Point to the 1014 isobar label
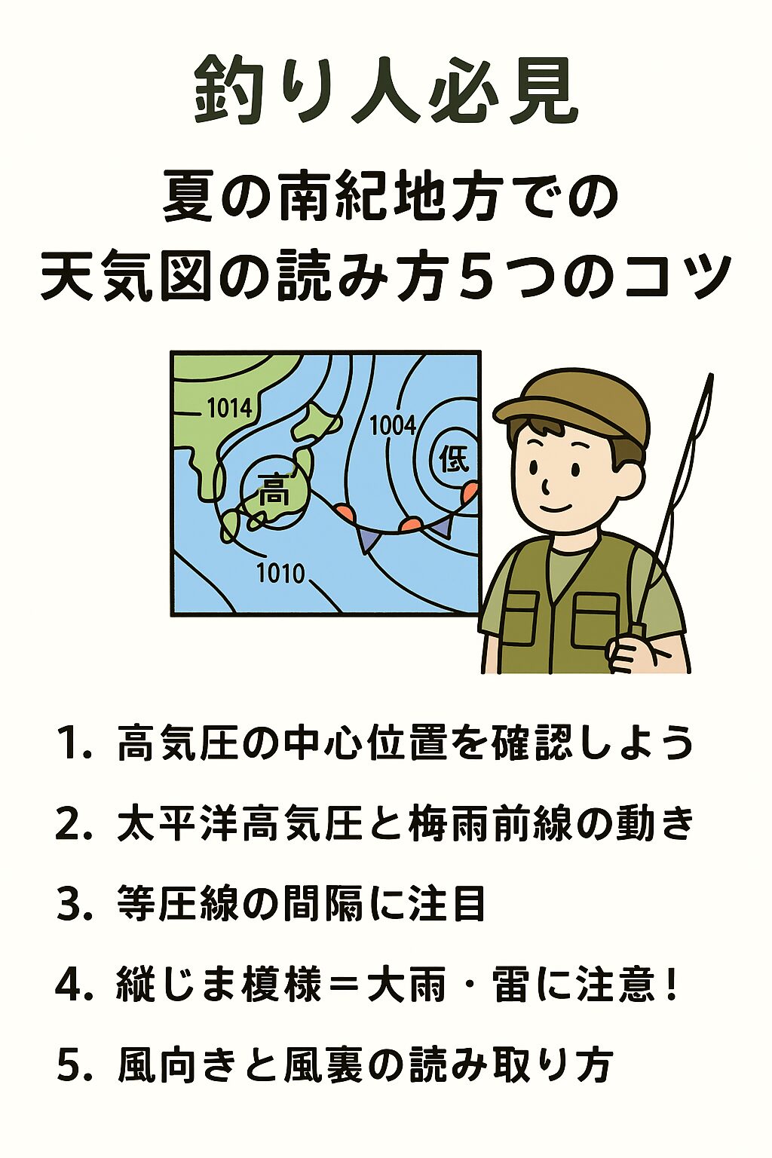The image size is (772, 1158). [229, 409]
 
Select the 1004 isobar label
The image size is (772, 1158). [392, 426]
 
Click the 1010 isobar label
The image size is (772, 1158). [280, 574]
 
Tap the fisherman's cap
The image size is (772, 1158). [573, 403]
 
